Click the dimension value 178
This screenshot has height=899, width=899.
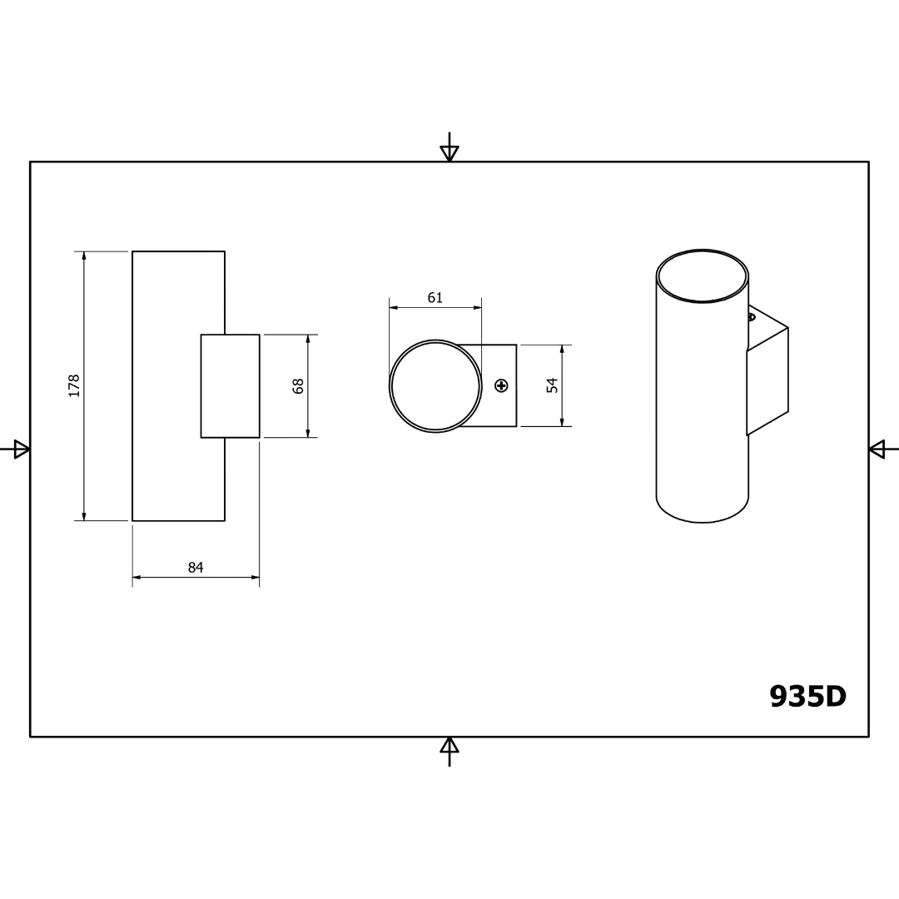click(74, 386)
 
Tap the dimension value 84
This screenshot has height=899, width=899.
click(196, 567)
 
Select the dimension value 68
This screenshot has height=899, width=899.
click(298, 386)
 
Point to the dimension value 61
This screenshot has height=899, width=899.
click(435, 297)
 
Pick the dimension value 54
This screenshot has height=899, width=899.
click(552, 385)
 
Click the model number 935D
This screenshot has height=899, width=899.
click(807, 697)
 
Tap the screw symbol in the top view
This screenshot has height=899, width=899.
click(502, 385)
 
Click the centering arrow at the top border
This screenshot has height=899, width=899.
click(449, 147)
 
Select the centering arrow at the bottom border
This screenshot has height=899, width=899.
click(449, 752)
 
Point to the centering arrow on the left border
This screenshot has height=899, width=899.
click(15, 449)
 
